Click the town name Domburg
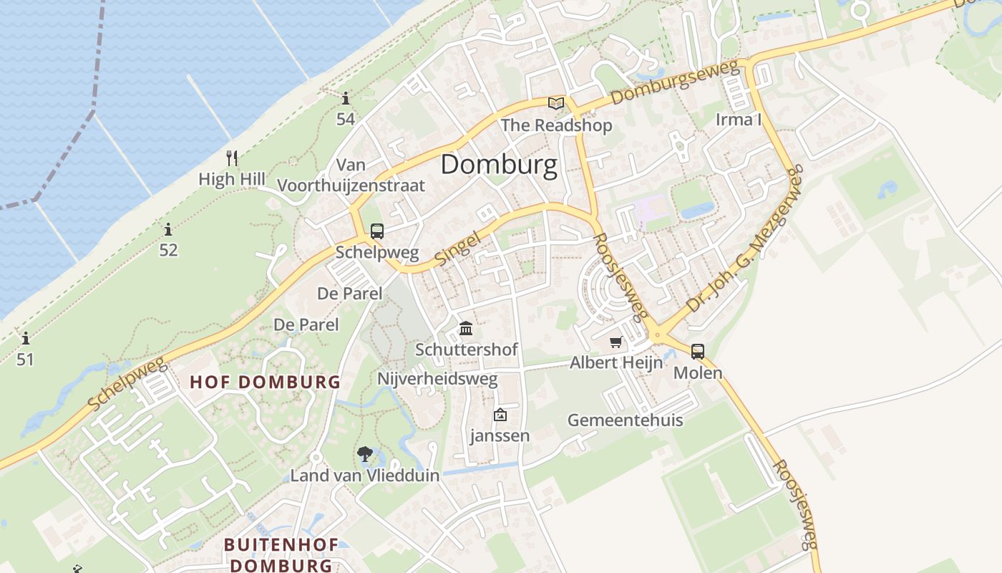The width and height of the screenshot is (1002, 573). (x=499, y=165)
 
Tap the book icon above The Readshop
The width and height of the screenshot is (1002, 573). (x=556, y=103)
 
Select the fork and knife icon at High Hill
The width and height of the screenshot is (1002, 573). (x=231, y=158)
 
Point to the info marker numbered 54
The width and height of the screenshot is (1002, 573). (x=346, y=99)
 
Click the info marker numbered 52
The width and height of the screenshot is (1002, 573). (x=168, y=230)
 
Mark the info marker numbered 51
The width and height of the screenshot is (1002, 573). (x=25, y=338)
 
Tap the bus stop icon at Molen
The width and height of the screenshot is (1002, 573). (x=697, y=352)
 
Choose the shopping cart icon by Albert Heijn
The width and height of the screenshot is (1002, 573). (x=616, y=342)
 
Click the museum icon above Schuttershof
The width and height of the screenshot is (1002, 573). (x=466, y=329)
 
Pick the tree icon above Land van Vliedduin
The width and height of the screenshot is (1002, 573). (x=364, y=454)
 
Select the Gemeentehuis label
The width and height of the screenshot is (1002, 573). (x=625, y=420)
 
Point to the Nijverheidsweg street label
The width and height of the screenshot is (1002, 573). (x=437, y=379)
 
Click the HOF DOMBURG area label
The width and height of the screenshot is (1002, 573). (x=265, y=382)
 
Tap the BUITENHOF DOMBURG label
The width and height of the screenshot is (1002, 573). (x=281, y=554)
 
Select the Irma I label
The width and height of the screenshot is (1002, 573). (x=739, y=120)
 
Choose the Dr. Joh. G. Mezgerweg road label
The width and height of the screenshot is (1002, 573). (x=745, y=239)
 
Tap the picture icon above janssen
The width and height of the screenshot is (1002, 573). (x=500, y=415)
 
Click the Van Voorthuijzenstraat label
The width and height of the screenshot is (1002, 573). (x=351, y=175)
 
